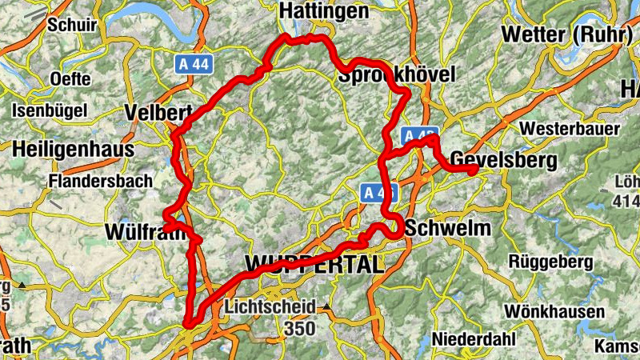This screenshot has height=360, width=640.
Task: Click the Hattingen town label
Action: [x=324, y=11]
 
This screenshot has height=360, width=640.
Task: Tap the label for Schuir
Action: [x=72, y=24]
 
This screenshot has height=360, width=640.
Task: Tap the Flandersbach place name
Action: [x=100, y=181]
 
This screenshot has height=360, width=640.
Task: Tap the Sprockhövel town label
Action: [x=397, y=75]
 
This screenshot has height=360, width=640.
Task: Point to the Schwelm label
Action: [x=448, y=229]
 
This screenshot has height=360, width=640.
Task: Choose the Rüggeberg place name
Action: [x=551, y=262]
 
